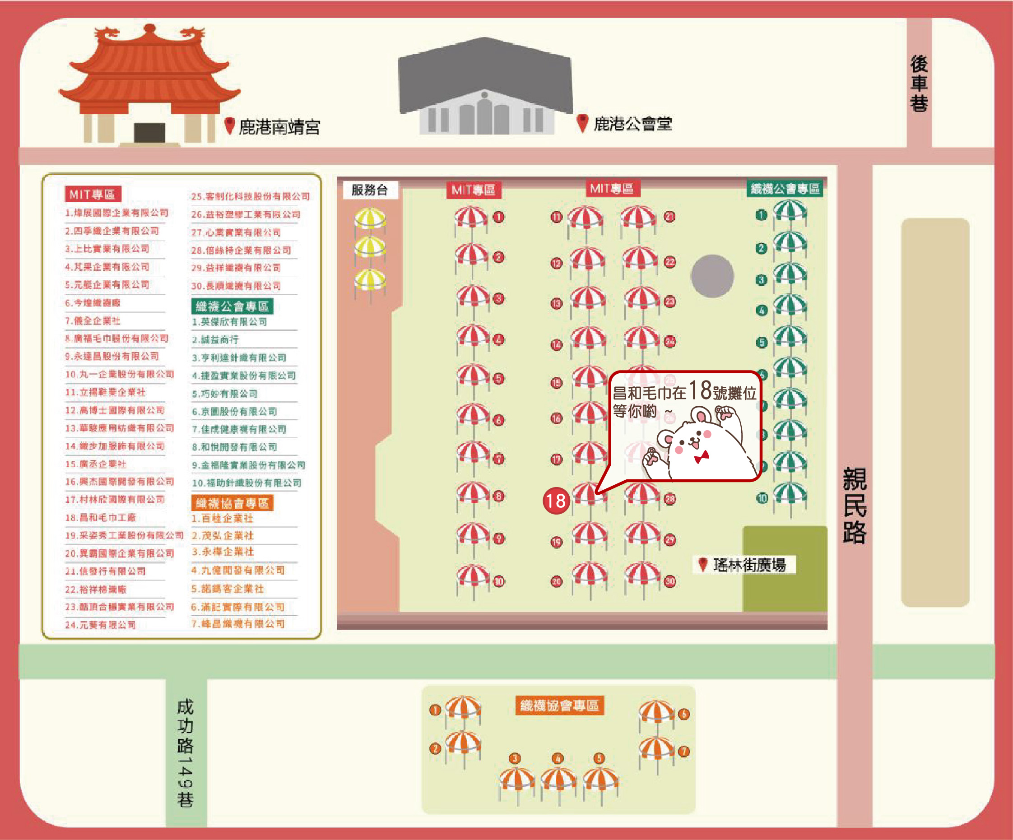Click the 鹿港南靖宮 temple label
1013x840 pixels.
pyautogui.click(x=279, y=127)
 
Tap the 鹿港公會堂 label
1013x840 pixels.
pyautogui.click(x=632, y=124)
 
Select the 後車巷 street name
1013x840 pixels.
pyautogui.click(x=919, y=83)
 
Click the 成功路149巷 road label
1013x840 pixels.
pyautogui.click(x=185, y=752)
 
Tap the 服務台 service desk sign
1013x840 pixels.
pyautogui.click(x=370, y=190)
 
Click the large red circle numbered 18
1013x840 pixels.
pyautogui.click(x=556, y=501)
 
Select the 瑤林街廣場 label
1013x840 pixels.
pyautogui.click(x=749, y=565)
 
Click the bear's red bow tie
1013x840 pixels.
pyautogui.click(x=702, y=456)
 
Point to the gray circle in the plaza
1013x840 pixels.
pyautogui.click(x=712, y=276)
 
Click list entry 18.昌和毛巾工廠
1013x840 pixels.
pyautogui.click(x=100, y=517)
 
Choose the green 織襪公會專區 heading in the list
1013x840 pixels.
pyautogui.click(x=232, y=306)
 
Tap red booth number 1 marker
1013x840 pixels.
pyautogui.click(x=498, y=217)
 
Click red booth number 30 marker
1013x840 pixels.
pyautogui.click(x=670, y=581)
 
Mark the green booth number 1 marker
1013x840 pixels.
pyautogui.click(x=761, y=215)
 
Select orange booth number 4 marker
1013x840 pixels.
pyautogui.click(x=558, y=758)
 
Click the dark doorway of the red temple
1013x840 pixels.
pyautogui.click(x=149, y=132)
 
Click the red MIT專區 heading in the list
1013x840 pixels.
pyautogui.click(x=93, y=195)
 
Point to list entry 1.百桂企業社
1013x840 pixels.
pyautogui.click(x=222, y=518)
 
